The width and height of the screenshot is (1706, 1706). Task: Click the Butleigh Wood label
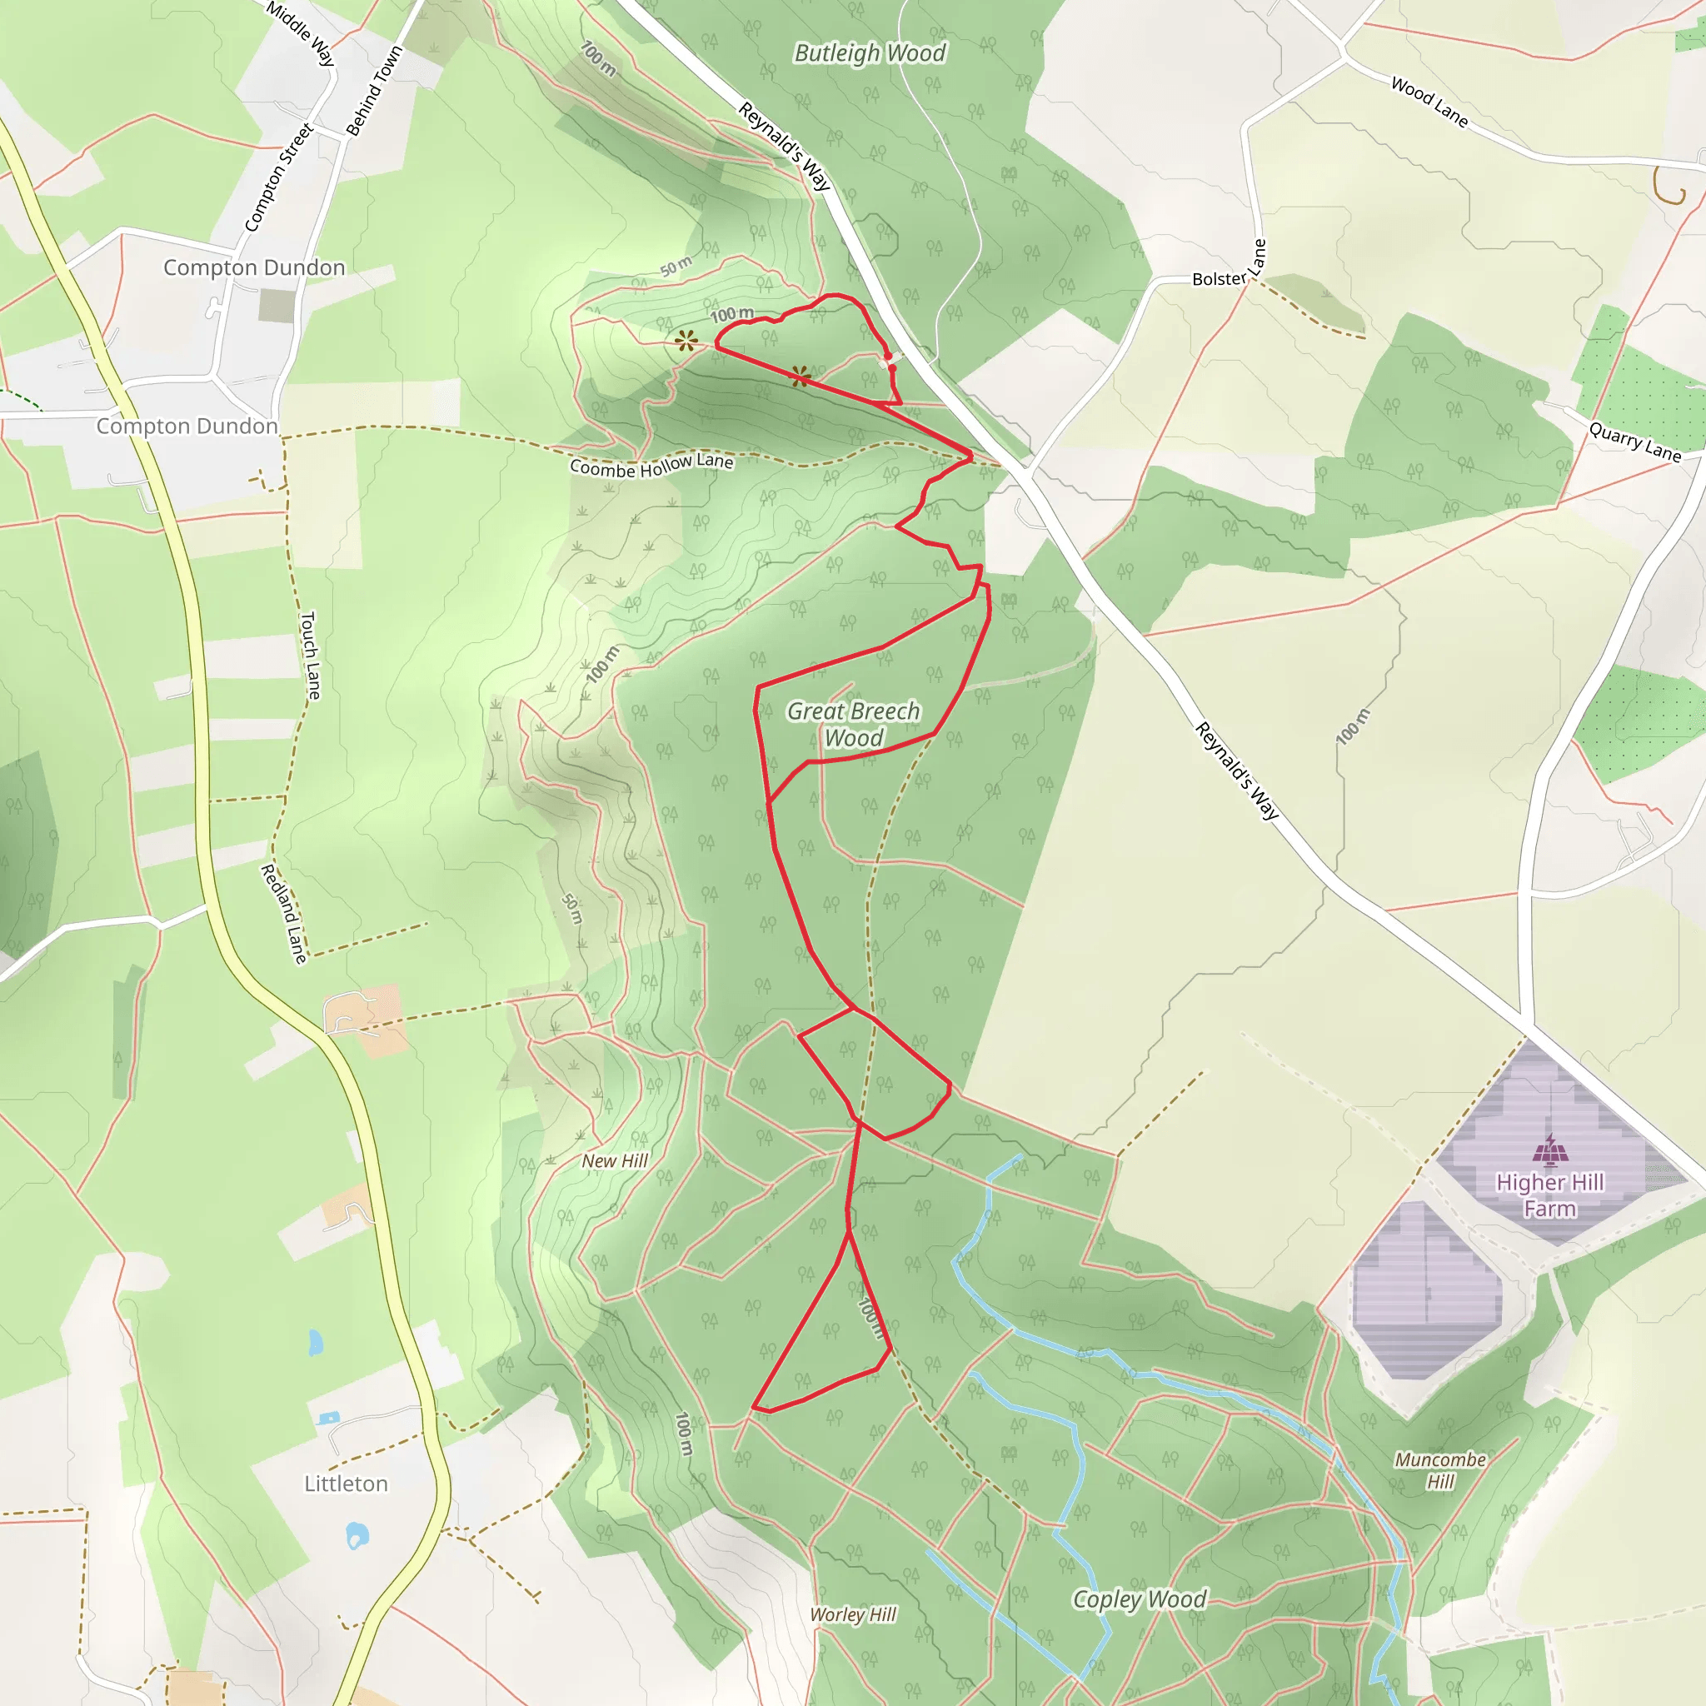click(x=870, y=53)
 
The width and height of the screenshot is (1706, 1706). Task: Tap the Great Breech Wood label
click(x=853, y=724)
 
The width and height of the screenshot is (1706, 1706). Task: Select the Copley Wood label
click(x=1139, y=1599)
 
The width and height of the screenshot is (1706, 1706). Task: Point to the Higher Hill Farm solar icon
click(x=1550, y=1149)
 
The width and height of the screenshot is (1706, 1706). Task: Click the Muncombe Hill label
click(x=1440, y=1470)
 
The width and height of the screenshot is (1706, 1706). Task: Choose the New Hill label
click(x=615, y=1161)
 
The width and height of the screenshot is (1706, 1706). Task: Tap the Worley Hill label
click(x=853, y=1615)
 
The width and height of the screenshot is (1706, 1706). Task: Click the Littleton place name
click(x=347, y=1484)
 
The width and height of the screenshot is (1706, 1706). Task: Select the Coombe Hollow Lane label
click(x=651, y=465)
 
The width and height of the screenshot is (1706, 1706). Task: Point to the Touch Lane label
click(x=310, y=656)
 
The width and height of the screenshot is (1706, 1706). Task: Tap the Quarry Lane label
click(x=1635, y=441)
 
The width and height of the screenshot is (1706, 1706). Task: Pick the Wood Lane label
click(x=1429, y=102)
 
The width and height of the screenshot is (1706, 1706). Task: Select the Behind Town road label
click(x=373, y=91)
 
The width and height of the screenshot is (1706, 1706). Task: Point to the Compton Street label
click(x=278, y=177)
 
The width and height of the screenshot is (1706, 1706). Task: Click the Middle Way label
click(x=301, y=33)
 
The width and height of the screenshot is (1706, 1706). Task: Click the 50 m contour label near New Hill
click(x=573, y=909)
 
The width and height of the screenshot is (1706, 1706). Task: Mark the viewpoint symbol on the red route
click(x=801, y=377)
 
